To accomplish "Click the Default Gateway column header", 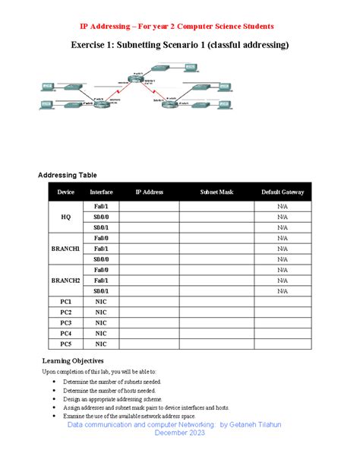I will pos(283,192).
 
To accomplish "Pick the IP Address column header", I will pos(150,192).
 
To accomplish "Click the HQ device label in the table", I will pos(66,217).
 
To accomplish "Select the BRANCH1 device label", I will pos(66,249).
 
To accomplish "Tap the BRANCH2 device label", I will pos(66,281).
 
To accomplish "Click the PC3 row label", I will pos(66,323).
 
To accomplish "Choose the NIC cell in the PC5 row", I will pos(102,344).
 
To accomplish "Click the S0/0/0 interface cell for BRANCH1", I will pos(102,259).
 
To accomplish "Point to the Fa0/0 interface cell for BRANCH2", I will pos(102,270).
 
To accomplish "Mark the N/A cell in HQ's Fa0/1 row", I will pos(283,206).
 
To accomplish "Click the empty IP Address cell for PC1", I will pos(150,302).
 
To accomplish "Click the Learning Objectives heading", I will pos(73,360).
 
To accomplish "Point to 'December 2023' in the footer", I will pos(180,433).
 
